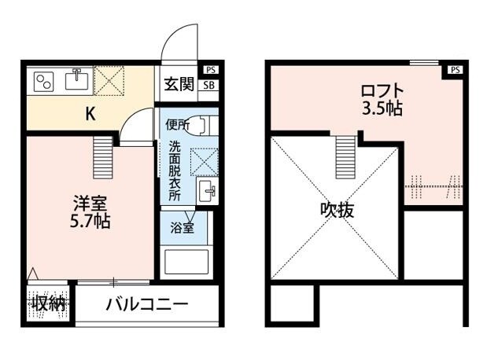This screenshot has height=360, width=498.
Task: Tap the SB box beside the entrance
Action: [x=209, y=85]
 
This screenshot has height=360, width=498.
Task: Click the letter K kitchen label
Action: [x=90, y=113]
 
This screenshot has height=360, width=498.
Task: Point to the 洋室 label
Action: [x=87, y=200]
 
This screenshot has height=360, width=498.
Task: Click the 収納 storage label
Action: [x=47, y=303]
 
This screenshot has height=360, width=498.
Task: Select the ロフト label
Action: [x=382, y=89]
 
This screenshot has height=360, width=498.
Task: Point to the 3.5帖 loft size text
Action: [x=382, y=108]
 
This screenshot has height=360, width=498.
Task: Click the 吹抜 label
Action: [x=336, y=210]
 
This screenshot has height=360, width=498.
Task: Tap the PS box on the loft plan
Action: [x=455, y=70]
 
